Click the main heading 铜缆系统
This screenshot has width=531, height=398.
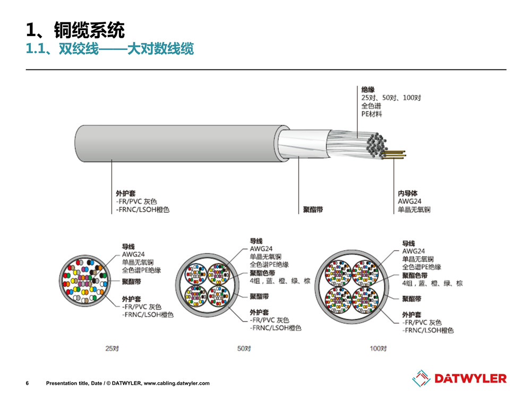(89, 30)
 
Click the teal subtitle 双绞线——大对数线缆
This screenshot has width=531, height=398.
(126, 49)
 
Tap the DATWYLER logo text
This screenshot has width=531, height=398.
(470, 379)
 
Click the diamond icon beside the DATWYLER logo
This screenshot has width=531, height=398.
(421, 378)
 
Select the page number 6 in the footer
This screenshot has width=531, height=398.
(28, 383)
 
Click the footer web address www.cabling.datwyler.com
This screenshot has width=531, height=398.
(177, 383)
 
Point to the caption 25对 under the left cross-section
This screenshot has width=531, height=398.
(112, 348)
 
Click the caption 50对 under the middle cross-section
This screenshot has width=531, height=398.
(244, 348)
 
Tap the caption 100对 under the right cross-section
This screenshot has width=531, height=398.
(378, 348)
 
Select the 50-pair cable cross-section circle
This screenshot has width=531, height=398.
(207, 285)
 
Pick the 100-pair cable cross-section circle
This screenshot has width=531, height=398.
(352, 287)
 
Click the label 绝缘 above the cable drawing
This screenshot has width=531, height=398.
(368, 90)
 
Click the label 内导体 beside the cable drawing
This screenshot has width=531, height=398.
(408, 193)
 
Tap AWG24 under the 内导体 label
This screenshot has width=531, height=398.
(409, 201)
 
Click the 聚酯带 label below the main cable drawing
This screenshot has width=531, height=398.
(313, 210)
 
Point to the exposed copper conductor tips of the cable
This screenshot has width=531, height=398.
(394, 154)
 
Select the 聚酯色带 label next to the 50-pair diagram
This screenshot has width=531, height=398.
(262, 273)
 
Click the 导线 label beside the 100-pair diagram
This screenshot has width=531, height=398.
(408, 244)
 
